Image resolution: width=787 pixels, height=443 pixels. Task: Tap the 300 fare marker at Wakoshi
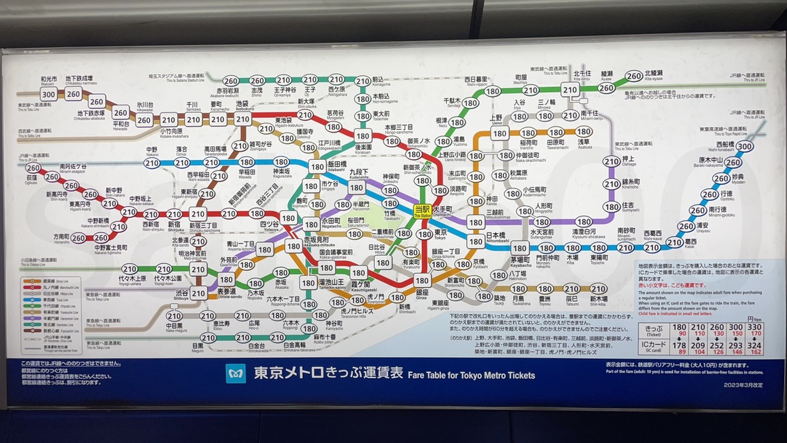(48, 95)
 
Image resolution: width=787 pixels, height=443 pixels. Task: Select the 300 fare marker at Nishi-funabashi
(744, 147)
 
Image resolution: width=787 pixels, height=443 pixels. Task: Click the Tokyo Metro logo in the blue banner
(236, 373)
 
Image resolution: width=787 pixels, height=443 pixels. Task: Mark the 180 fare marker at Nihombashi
(475, 240)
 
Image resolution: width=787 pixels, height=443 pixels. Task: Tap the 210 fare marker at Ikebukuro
(243, 119)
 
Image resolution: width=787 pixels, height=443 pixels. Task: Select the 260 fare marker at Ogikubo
(33, 168)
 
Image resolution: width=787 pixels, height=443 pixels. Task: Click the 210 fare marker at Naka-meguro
(174, 316)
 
